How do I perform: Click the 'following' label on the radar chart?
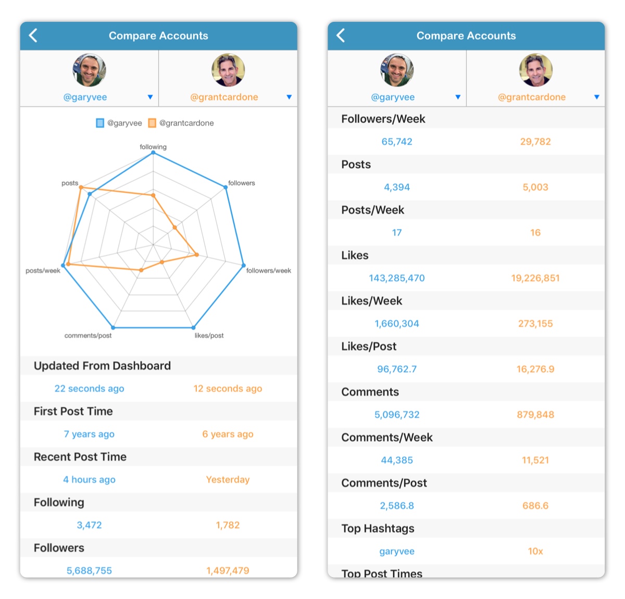click(x=153, y=147)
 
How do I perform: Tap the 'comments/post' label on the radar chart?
click(x=88, y=335)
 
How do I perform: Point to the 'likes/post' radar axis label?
click(x=209, y=335)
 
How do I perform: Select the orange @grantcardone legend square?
click(x=152, y=123)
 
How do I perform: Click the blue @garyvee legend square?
click(x=100, y=123)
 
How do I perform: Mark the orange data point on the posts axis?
click(x=81, y=188)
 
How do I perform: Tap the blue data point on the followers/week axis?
click(x=243, y=266)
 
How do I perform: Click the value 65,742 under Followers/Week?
click(x=397, y=142)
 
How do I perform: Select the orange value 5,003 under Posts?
click(x=535, y=187)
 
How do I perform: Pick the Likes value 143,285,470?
click(x=397, y=278)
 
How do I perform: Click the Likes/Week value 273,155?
click(x=535, y=323)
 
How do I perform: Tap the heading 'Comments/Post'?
click(x=384, y=483)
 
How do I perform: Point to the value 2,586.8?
click(x=397, y=506)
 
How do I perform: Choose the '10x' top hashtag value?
click(x=535, y=551)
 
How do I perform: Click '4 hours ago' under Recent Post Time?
click(x=89, y=480)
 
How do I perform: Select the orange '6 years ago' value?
click(x=228, y=434)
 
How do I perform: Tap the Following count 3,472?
click(x=89, y=525)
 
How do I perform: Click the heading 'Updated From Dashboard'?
click(x=102, y=366)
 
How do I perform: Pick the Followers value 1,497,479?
click(x=228, y=570)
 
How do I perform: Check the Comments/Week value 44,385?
click(x=397, y=460)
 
